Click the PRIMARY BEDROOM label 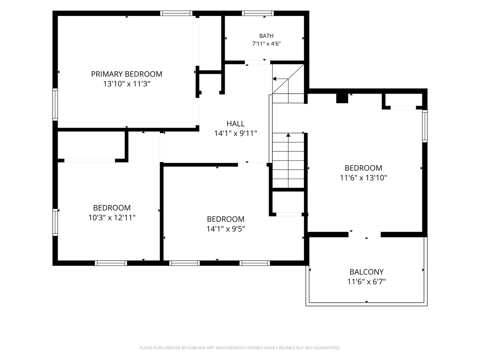(x=127, y=74)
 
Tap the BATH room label (x=266, y=36)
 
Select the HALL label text (x=236, y=124)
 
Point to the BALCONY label (x=367, y=272)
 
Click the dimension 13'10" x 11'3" (x=127, y=84)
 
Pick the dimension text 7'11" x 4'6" (x=266, y=44)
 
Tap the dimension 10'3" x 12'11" (x=112, y=218)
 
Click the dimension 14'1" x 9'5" (x=226, y=229)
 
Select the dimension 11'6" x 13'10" (x=363, y=178)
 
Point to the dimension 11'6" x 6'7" (x=367, y=282)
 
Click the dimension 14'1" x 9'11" (x=236, y=134)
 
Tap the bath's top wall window (x=258, y=13)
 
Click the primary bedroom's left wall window (x=55, y=104)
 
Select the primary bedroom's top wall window (x=176, y=13)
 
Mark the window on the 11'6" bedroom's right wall (x=425, y=126)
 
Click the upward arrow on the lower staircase (x=288, y=160)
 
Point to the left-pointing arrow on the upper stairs (x=280, y=79)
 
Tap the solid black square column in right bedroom (x=342, y=98)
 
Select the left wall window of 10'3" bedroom (x=55, y=222)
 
